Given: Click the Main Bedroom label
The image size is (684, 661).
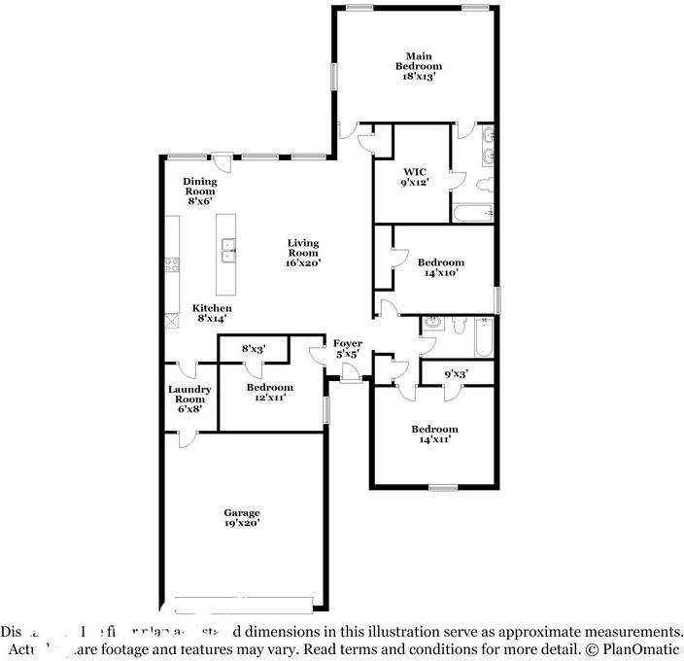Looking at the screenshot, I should pos(418,65).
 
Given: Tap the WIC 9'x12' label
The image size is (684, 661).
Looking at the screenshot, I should pos(415,176).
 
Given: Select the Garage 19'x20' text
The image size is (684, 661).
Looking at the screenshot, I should pos(242,517).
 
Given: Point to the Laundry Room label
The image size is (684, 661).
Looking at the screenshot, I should pos(188,399).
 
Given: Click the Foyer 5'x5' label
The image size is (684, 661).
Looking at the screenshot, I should pos(348,349).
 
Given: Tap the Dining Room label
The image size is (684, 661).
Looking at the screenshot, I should pos(200,191).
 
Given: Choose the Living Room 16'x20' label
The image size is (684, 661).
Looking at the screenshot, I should pos(302,253).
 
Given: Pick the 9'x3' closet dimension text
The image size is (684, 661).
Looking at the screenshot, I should pos(455,371).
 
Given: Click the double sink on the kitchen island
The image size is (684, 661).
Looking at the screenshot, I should pos(229,250).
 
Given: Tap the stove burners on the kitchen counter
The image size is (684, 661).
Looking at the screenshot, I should pos(172,262).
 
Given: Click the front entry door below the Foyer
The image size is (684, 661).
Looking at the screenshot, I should pos(350,374).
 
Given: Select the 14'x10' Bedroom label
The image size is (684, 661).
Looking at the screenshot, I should pos(440,267).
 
